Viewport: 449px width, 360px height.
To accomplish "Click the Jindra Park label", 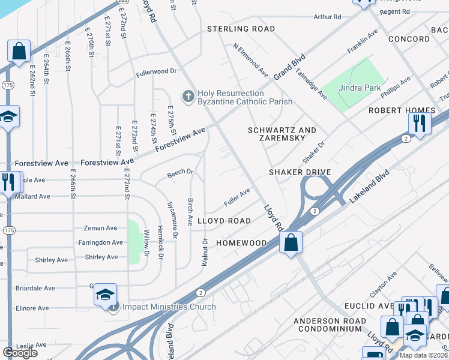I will pyautogui.click(x=360, y=88).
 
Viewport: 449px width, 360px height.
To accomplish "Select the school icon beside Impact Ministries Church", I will pyautogui.click(x=105, y=295).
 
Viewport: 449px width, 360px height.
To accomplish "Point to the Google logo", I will pyautogui.click(x=20, y=353).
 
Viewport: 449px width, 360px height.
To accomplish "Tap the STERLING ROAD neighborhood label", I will pyautogui.click(x=241, y=29).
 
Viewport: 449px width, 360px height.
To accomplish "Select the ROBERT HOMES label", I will pyautogui.click(x=402, y=110).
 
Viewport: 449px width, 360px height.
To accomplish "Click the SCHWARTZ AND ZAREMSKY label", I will pyautogui.click(x=282, y=135).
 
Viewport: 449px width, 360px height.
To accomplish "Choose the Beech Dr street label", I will pyautogui.click(x=180, y=172).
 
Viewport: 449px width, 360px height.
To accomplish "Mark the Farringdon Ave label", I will pyautogui.click(x=100, y=242).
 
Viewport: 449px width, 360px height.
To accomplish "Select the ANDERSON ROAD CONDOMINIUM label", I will pyautogui.click(x=330, y=325).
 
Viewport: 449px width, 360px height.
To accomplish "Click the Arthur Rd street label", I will pyautogui.click(x=327, y=17).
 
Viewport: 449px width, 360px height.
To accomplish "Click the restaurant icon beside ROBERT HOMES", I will pyautogui.click(x=420, y=123).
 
